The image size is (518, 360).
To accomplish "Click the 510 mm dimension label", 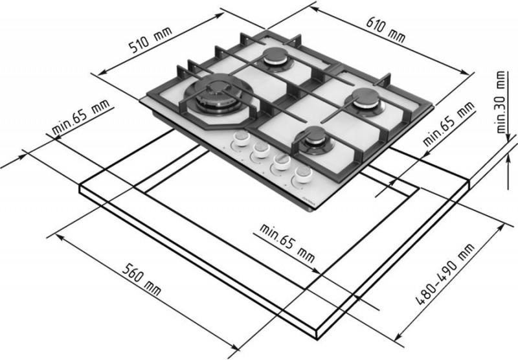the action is tap(150, 39).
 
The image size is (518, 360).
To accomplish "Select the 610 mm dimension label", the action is tap(385, 30).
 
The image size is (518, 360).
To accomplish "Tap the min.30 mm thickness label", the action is tap(502, 102).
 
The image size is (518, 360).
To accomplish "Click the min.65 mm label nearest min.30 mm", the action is tap(448, 124).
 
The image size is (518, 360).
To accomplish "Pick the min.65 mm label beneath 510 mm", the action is tap(80, 117).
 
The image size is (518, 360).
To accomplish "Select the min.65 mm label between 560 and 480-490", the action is tap(287, 243).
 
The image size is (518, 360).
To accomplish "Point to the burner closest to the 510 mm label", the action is tap(275, 59).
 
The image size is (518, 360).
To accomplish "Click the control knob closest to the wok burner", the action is tap(241, 139).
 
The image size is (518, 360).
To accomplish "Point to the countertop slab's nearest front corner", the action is tap(317, 338).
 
